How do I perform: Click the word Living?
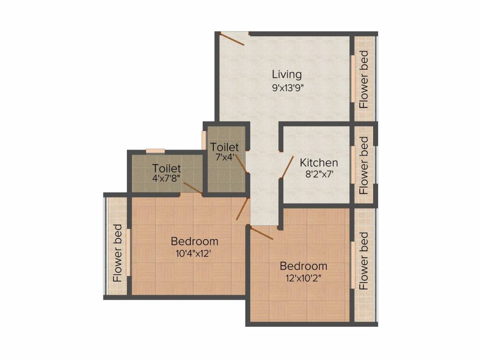(x=286, y=74)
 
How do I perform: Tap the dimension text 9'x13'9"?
(x=292, y=88)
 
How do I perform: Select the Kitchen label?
(x=319, y=163)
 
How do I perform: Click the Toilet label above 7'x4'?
(x=225, y=147)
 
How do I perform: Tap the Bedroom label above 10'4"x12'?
(x=195, y=241)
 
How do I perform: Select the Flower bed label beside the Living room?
(x=364, y=79)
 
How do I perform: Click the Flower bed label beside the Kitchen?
(x=364, y=165)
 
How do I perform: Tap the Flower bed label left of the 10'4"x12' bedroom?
(x=118, y=253)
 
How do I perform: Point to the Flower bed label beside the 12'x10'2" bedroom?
(x=364, y=260)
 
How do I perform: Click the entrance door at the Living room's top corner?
(x=232, y=39)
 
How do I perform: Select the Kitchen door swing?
(x=287, y=167)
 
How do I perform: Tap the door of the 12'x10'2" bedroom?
(x=262, y=233)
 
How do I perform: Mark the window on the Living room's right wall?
(x=352, y=78)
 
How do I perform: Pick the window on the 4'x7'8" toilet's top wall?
(x=155, y=151)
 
